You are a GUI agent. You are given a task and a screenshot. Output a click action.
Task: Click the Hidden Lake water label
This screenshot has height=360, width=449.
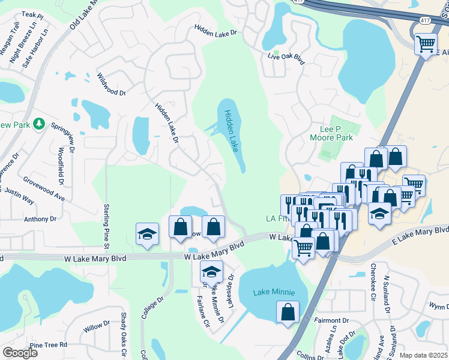(232, 130)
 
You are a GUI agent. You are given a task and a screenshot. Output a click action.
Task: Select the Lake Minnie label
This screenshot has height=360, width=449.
(274, 292)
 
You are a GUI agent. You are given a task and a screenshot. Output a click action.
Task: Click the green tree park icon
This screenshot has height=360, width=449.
(39, 124)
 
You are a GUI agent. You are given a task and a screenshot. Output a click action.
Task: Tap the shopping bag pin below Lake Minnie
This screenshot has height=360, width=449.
(288, 312)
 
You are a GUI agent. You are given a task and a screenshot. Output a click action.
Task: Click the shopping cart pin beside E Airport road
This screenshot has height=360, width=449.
(426, 43)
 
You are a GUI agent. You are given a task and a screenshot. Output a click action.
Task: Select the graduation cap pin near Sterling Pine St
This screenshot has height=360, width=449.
(147, 235)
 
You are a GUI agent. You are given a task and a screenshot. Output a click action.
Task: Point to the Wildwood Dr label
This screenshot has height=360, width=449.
(111, 85)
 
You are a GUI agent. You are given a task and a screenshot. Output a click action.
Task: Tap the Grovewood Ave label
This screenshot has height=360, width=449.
(44, 188)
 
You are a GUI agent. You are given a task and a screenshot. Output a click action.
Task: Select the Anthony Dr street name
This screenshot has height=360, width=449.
(40, 219)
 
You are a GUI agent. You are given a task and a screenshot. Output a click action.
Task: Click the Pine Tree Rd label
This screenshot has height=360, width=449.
(48, 345)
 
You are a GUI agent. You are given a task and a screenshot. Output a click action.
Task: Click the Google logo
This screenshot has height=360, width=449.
(20, 353)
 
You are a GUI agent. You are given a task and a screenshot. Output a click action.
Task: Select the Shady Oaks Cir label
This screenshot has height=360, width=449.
(124, 329)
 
